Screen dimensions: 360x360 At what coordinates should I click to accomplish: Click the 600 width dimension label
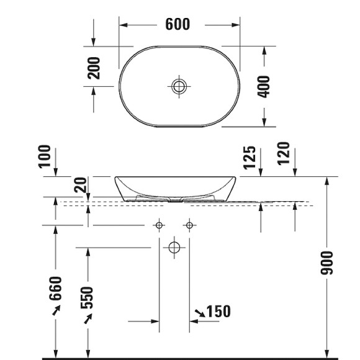178,25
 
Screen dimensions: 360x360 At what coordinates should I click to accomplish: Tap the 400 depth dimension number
264,86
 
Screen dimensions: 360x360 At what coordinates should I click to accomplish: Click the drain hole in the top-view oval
179,86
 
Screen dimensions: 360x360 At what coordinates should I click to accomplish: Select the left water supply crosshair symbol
160,225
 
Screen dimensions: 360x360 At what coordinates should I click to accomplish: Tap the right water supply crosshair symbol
189,225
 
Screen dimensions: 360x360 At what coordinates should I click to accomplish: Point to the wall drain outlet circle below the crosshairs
174,248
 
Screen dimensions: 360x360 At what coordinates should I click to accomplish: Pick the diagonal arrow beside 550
88,319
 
